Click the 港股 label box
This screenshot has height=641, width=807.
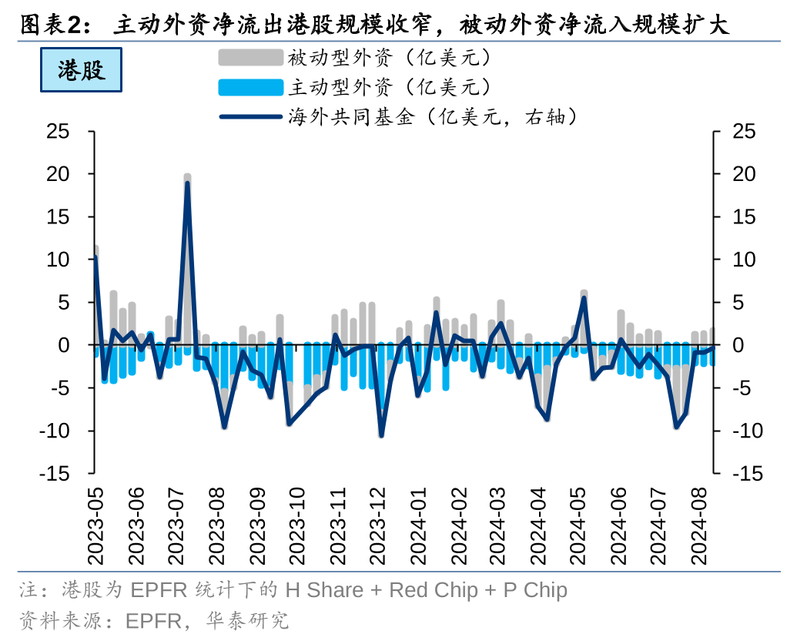(x=81, y=70)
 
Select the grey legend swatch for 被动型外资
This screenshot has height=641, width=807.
(x=250, y=58)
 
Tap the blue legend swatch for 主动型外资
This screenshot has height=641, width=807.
(x=250, y=87)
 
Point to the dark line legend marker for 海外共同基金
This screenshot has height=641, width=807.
(x=250, y=117)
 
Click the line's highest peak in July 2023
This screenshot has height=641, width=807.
(x=187, y=183)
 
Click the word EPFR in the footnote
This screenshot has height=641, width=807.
(x=159, y=591)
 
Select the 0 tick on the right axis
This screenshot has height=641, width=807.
(x=738, y=345)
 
